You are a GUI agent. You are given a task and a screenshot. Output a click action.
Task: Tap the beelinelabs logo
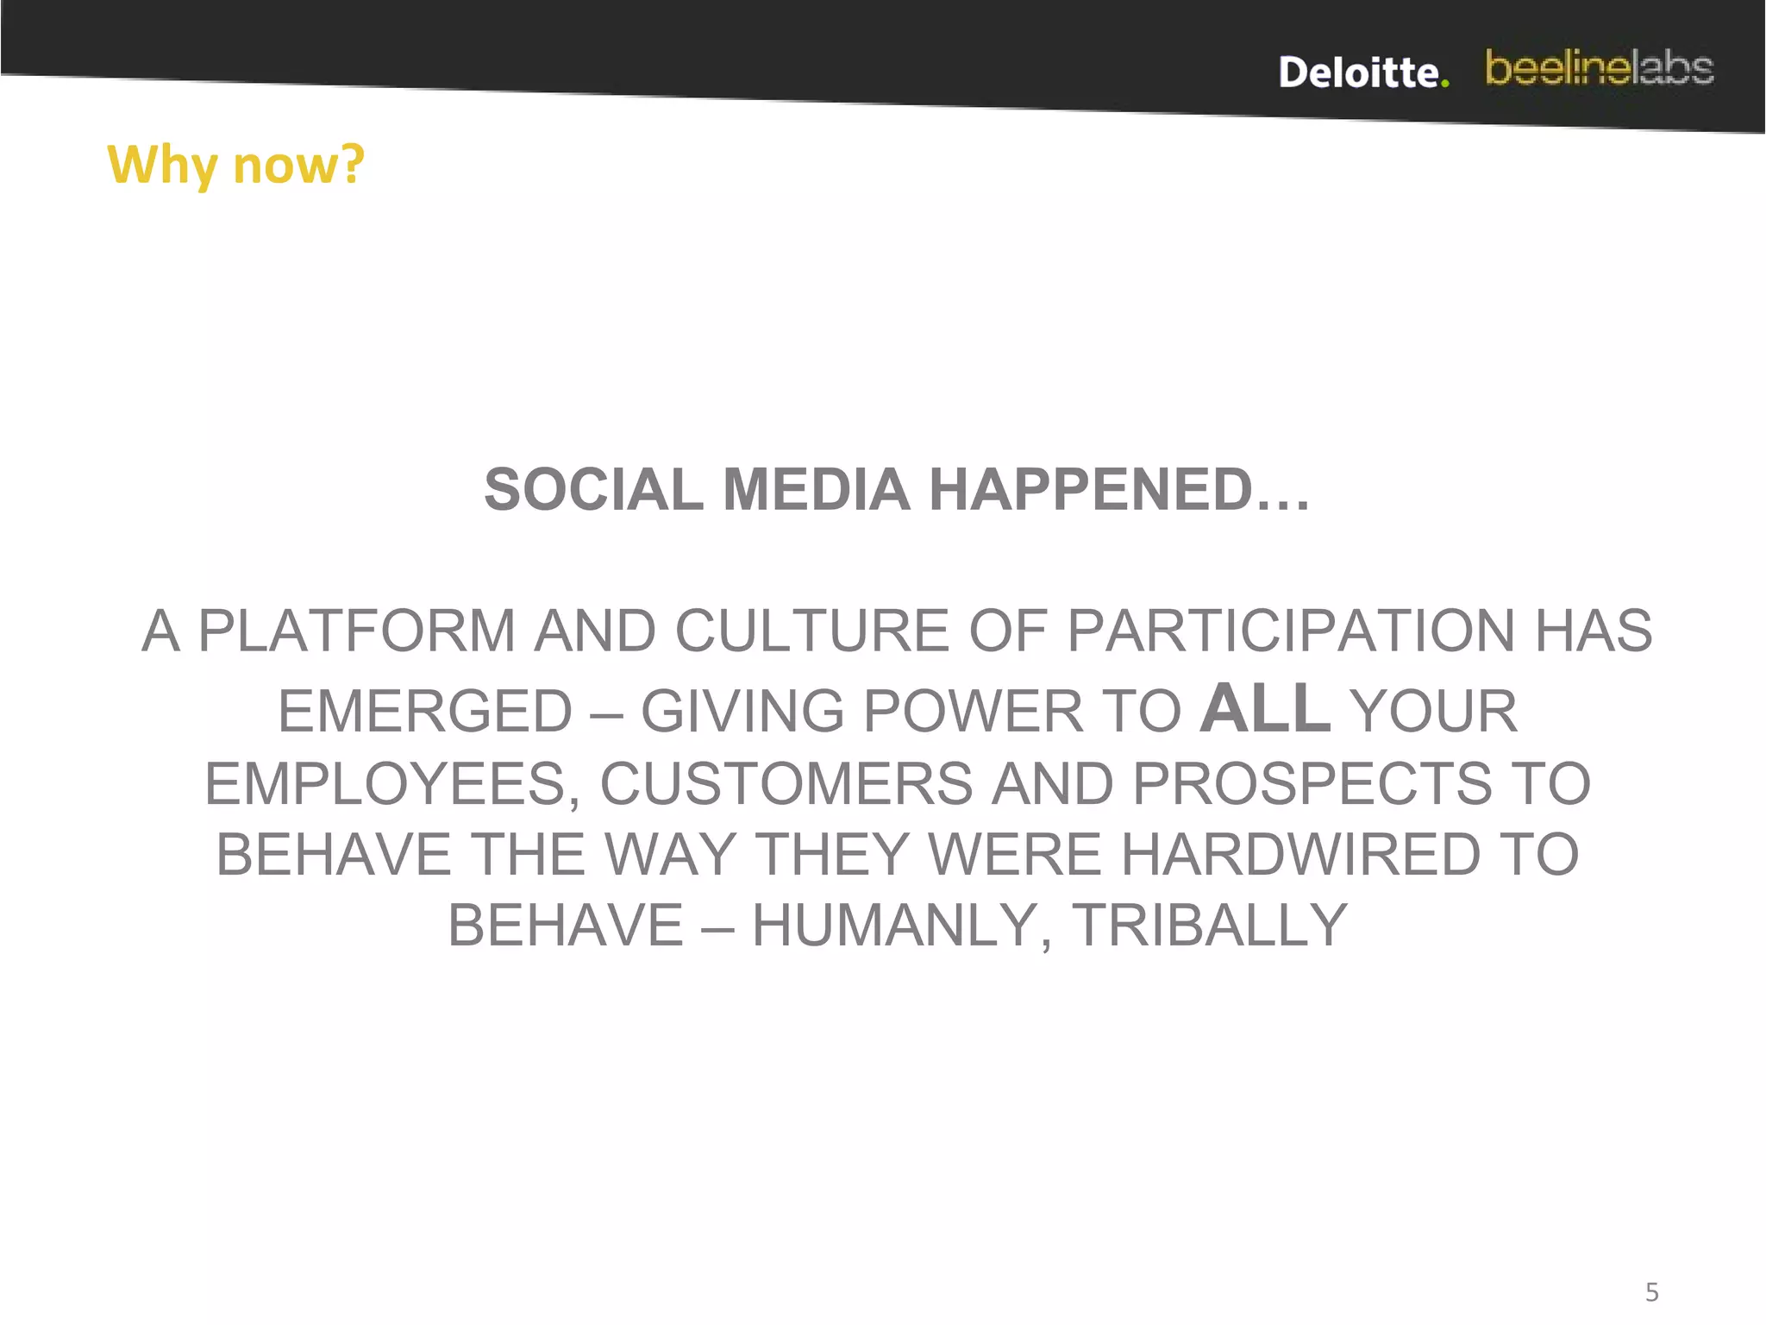1600,68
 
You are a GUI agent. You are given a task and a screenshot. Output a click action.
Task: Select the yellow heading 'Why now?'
235,164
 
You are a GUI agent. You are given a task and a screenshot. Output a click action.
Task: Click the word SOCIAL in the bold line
593,490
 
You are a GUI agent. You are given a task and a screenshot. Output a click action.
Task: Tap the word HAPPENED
1118,490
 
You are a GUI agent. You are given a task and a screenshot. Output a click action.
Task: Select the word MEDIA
816,490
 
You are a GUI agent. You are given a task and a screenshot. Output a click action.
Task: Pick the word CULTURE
811,631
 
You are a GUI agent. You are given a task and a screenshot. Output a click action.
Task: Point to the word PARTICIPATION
1291,631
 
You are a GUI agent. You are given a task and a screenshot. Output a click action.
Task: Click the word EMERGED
425,712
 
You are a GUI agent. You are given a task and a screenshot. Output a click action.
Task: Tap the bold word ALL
1265,709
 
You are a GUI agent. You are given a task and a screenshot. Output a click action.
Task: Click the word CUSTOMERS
786,784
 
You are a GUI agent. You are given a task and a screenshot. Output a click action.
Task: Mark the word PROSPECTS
1312,784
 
